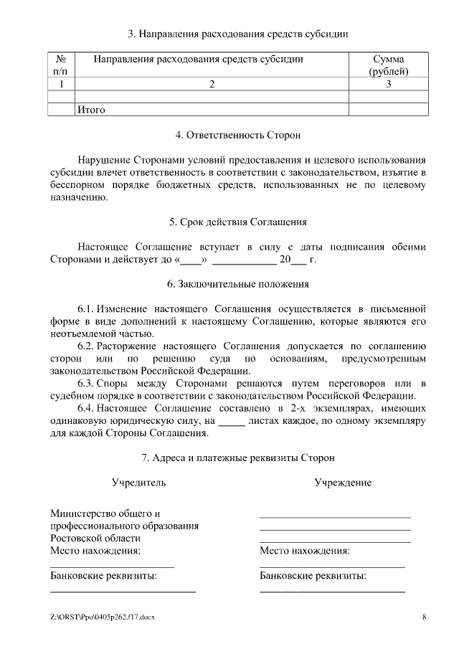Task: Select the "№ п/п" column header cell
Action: (61, 65)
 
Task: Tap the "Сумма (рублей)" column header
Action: (389, 65)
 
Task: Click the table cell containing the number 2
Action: (212, 85)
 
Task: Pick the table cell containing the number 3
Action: (389, 85)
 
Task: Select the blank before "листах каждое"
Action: (231, 422)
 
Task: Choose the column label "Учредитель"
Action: (138, 483)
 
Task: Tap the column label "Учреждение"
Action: (343, 483)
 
